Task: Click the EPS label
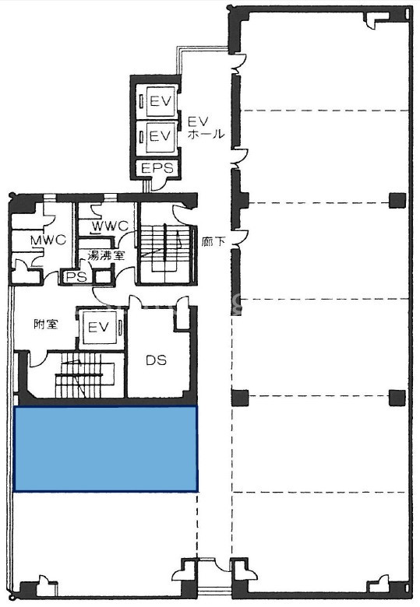[157, 168]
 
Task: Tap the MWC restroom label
[48, 240]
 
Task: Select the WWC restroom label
[110, 226]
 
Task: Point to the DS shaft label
[156, 360]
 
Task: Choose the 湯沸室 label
[106, 255]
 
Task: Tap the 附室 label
[46, 324]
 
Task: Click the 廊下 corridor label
[214, 242]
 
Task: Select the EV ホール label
[206, 128]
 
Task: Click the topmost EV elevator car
[160, 101]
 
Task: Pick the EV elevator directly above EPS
[160, 136]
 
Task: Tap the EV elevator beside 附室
[99, 327]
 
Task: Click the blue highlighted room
[105, 449]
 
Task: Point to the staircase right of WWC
[165, 251]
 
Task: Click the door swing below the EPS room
[159, 184]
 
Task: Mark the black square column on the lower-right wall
[397, 398]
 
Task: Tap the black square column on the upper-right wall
[397, 200]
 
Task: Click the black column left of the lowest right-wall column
[240, 398]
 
